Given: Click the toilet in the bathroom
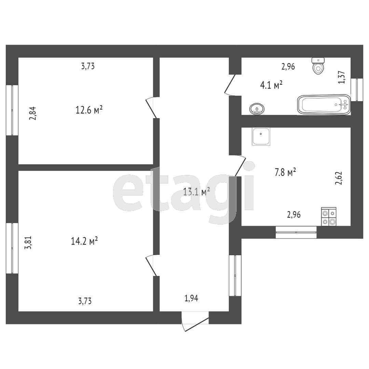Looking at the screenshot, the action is [318, 66].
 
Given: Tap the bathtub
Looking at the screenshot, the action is [324, 105].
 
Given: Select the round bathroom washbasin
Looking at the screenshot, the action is [256, 109].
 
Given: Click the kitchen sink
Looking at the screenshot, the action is [261, 136].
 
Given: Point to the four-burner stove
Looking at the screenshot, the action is [329, 217].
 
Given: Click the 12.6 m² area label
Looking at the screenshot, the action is [89, 110].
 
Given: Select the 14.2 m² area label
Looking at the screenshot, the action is [84, 241].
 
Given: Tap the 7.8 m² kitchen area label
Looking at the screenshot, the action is [285, 173].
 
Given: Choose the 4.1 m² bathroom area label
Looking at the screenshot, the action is [271, 85].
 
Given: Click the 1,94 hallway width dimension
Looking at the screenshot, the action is [191, 299].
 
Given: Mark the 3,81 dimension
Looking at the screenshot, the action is [30, 243].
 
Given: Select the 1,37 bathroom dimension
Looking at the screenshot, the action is [342, 77].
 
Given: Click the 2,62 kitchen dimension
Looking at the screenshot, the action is [339, 178].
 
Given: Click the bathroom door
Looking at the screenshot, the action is [230, 84].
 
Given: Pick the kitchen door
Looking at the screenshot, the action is [240, 166].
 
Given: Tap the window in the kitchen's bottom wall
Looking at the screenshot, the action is [296, 232].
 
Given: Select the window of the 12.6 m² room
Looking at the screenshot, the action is [12, 110].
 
